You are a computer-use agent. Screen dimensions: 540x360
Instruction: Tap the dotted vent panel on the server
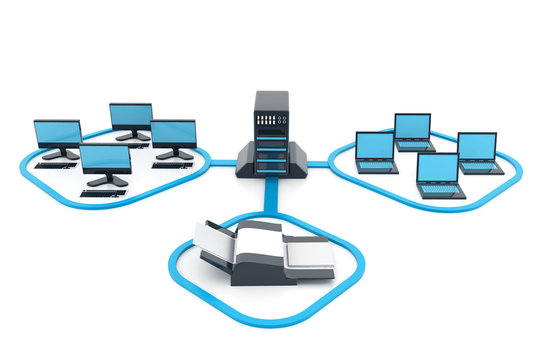pos(271,119)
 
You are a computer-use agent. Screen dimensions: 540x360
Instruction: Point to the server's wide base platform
pos(271,167)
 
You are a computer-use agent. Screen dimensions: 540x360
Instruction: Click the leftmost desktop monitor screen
pos(57,133)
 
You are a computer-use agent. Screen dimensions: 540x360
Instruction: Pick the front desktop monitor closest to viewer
pos(105,158)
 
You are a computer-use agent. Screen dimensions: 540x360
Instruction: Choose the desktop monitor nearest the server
pos(173,133)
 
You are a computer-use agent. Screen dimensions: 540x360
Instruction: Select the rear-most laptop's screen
pos(412,126)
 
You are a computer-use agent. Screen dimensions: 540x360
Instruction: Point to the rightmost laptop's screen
pos(477,146)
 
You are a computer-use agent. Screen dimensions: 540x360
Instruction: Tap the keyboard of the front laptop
pos(440,189)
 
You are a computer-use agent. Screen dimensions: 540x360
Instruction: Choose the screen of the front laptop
pos(437,167)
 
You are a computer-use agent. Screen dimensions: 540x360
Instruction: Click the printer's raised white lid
pos(214,240)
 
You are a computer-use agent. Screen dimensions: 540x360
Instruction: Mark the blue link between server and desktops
pos(222,162)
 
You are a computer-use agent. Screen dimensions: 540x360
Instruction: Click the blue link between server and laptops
pos(318,163)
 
